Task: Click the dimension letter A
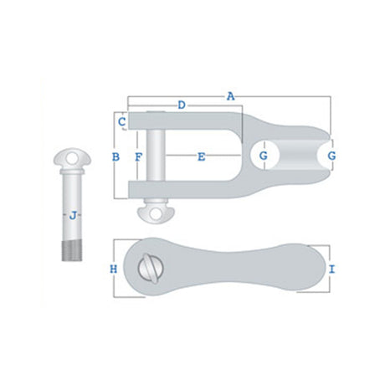[x=230, y=96]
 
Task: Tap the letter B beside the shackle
[x=116, y=157]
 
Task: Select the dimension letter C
[x=122, y=122]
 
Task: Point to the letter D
[x=182, y=105]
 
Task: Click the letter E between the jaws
[x=201, y=157]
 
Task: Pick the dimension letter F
[x=138, y=157]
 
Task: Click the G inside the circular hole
[x=264, y=156]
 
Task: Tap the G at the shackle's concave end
[x=331, y=156]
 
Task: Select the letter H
[x=114, y=269]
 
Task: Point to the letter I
[x=331, y=269]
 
